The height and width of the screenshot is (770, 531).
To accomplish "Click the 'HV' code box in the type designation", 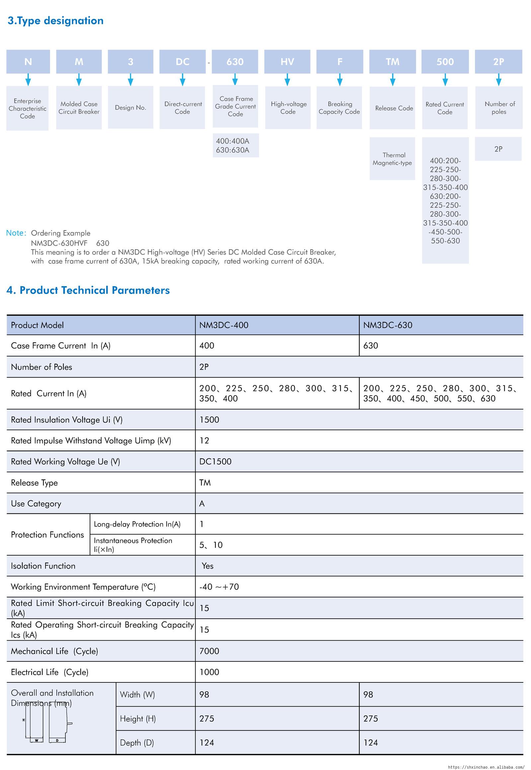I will (287, 61).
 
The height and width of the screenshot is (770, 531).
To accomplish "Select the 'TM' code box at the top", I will (392, 61).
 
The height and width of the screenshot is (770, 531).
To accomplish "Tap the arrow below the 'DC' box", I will (182, 80).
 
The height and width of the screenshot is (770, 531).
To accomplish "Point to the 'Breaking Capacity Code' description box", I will (339, 108).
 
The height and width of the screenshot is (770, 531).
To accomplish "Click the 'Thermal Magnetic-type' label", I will (392, 159).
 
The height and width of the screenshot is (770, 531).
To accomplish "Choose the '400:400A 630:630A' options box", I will (236, 145).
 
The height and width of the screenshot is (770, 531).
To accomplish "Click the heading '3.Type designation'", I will (55, 21).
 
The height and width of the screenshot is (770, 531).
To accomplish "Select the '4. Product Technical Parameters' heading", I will (88, 290).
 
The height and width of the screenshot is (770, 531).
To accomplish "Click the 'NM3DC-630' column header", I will (388, 325).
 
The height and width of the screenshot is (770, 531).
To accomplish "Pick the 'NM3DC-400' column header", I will (224, 325).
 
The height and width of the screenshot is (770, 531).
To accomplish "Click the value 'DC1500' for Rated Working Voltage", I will (215, 462).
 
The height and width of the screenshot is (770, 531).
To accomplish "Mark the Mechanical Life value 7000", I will (209, 651).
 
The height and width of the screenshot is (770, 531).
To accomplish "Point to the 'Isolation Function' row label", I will (43, 566).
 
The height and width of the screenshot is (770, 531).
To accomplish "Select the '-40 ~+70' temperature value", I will (219, 587).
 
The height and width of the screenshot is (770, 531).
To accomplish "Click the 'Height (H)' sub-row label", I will (138, 719).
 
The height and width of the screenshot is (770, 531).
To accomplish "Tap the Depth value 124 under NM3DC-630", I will (370, 743).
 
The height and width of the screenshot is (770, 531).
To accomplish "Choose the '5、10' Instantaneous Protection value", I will (211, 545).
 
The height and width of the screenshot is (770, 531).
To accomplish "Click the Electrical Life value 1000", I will (209, 672).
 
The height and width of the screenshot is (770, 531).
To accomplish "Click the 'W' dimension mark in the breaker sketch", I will (37, 740).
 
